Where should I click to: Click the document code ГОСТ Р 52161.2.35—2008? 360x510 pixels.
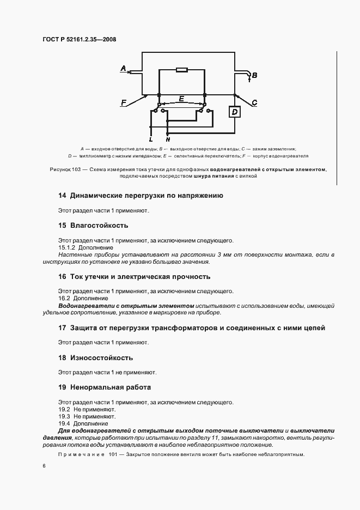79,39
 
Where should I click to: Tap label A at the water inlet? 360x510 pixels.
123,69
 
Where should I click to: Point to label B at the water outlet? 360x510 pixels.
254,75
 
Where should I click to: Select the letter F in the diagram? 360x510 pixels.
124,102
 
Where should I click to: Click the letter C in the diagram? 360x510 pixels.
255,102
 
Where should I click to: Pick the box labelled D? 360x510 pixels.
235,112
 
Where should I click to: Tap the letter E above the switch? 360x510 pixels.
181,99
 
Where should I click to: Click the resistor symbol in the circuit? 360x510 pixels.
182,70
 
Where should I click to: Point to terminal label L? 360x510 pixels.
151,139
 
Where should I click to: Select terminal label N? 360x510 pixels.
168,139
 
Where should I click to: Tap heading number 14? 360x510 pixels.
62,196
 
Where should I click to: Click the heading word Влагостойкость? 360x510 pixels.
99,225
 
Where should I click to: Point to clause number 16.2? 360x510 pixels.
64,299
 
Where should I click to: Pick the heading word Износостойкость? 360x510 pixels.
102,358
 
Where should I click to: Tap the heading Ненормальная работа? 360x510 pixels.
111,387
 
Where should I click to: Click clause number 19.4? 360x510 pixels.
64,423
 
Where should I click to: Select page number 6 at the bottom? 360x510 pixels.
44,466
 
